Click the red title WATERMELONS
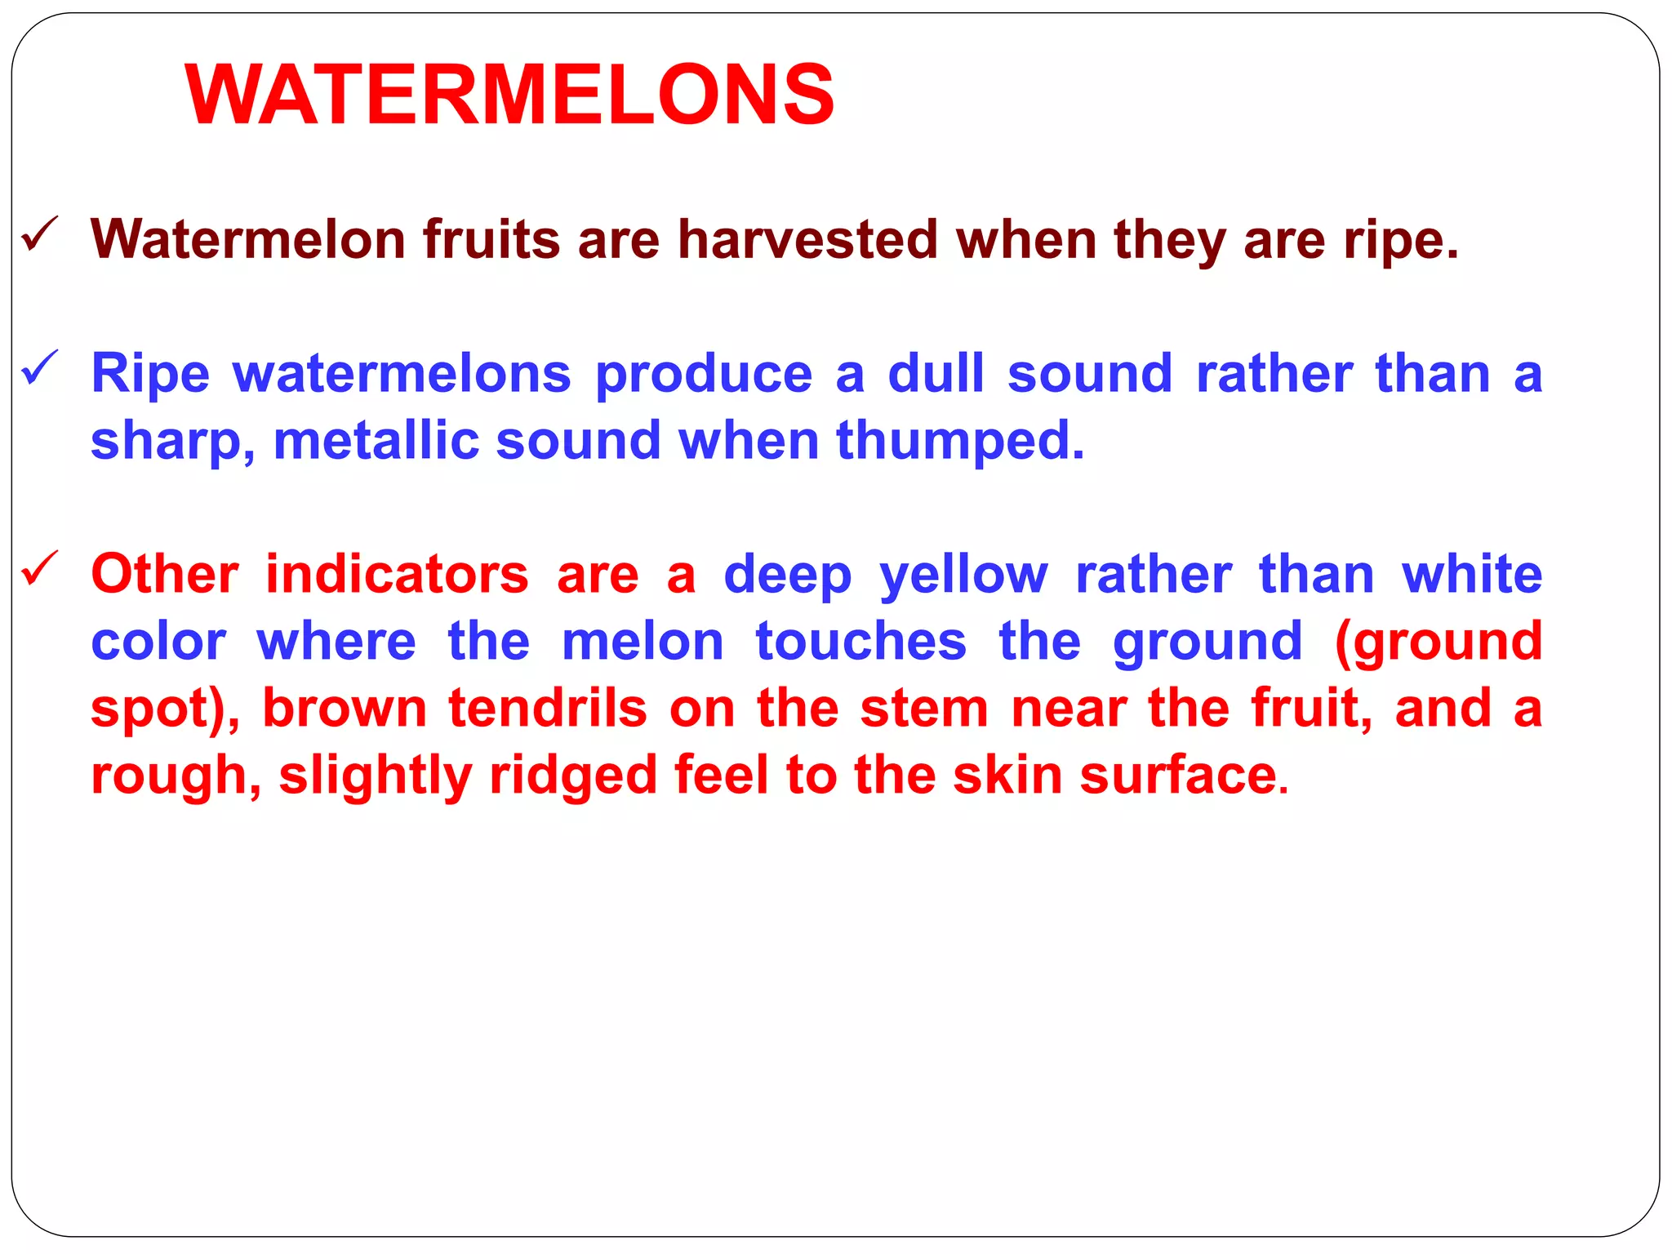[x=509, y=96]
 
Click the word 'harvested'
[x=807, y=240]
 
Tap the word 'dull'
[x=936, y=374]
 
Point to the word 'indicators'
[x=397, y=574]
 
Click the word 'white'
[x=1472, y=574]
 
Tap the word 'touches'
[x=860, y=642]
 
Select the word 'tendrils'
[x=548, y=708]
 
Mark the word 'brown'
[x=345, y=709]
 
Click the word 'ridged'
[x=573, y=776]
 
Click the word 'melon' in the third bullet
[x=643, y=642]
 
